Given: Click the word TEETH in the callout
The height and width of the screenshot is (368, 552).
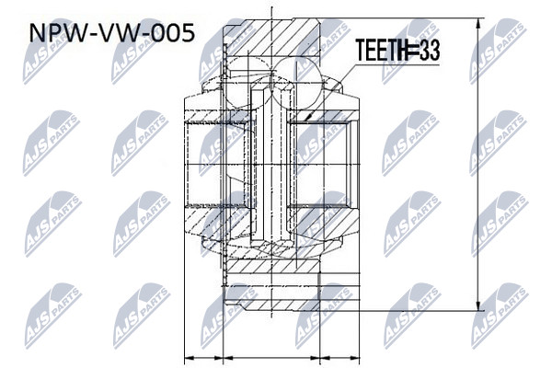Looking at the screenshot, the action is (381, 51).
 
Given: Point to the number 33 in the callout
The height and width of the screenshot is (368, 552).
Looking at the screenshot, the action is (431, 51).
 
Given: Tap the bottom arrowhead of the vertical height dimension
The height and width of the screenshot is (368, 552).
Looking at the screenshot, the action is (478, 305).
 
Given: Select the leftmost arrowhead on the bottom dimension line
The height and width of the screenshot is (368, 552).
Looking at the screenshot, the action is (190, 358).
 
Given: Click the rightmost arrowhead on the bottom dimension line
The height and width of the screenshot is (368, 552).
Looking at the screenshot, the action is (354, 358).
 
